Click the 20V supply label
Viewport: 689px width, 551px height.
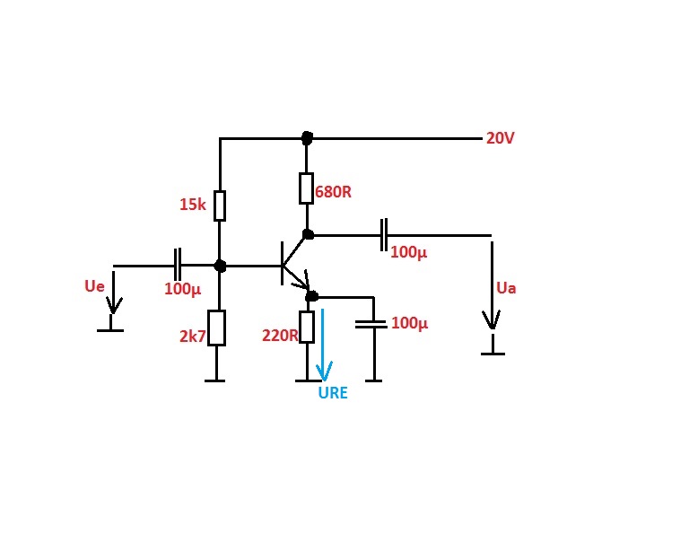point(500,138)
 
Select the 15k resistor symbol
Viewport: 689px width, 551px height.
point(220,206)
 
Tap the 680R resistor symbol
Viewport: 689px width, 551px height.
point(306,188)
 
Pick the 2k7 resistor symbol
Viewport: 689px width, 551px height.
point(216,328)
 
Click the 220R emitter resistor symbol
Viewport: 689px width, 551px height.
point(307,327)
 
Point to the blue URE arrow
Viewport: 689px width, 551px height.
point(323,345)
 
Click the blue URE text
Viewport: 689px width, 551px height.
point(333,393)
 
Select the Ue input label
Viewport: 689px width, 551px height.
point(94,286)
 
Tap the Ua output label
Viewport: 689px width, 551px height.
point(506,288)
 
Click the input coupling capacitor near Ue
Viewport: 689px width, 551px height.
point(177,265)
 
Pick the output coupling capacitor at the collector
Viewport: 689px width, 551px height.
point(384,235)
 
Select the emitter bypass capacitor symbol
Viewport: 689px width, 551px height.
point(371,324)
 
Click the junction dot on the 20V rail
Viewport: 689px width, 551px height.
point(307,138)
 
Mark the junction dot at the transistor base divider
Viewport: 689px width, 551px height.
point(220,266)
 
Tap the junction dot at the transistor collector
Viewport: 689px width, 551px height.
point(309,234)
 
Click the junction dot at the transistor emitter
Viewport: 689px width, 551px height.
point(311,297)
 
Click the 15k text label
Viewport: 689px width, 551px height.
point(193,205)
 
